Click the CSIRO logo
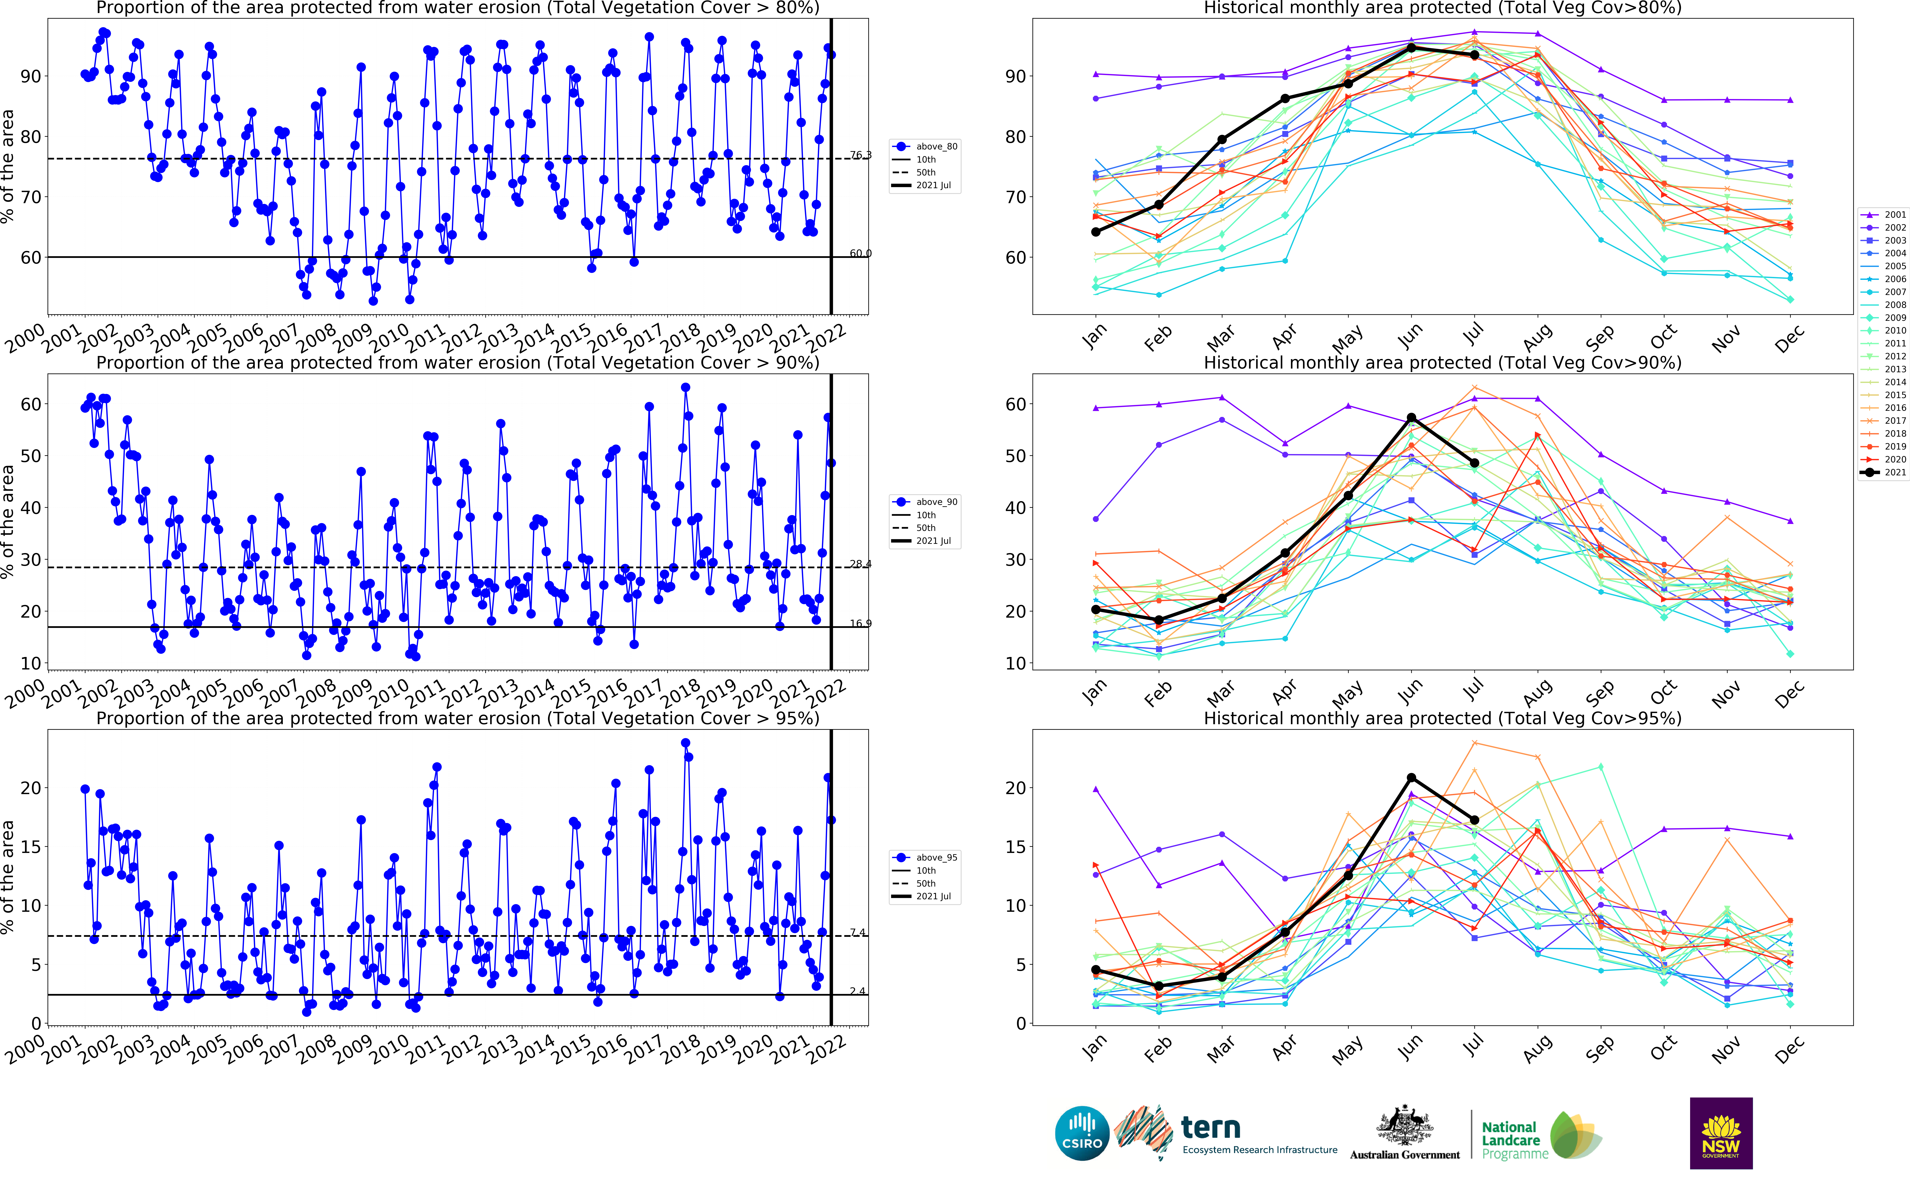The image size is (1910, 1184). tap(1082, 1133)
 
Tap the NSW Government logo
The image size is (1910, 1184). tap(1721, 1133)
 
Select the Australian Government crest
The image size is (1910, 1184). tap(1405, 1128)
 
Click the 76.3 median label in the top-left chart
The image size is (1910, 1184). tap(860, 155)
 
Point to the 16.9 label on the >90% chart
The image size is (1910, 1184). tap(860, 623)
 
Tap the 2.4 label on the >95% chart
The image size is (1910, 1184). tap(858, 991)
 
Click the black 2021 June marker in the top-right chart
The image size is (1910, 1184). tap(1411, 48)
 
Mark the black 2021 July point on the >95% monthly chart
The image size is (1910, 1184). tap(1475, 820)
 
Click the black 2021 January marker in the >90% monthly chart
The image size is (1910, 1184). tap(1096, 609)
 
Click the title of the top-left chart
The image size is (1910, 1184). tap(458, 8)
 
